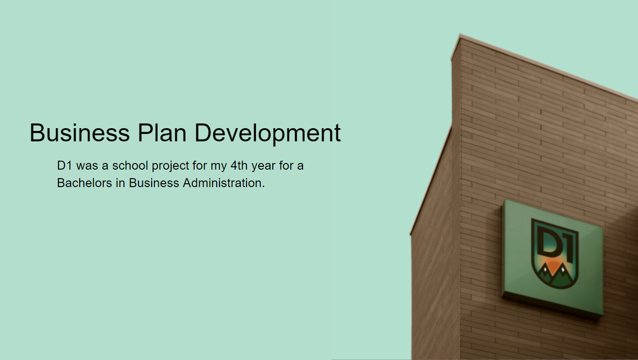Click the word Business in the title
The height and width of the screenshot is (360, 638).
[x=80, y=133]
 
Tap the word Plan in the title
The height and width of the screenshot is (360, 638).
[x=162, y=133]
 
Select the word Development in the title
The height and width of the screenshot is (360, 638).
[x=268, y=134]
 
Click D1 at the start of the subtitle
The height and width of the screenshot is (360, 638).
[x=65, y=166]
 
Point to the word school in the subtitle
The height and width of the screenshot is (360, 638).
[x=130, y=166]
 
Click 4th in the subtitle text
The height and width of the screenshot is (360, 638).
[x=239, y=166]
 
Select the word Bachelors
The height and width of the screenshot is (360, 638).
[x=85, y=183]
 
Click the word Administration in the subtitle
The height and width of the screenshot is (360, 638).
[x=222, y=183]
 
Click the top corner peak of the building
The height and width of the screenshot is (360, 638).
[x=460, y=35]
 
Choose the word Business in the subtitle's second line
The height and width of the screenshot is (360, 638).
[x=154, y=183]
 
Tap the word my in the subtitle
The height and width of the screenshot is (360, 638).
[x=219, y=167]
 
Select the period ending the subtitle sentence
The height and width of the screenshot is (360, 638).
[x=263, y=187]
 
